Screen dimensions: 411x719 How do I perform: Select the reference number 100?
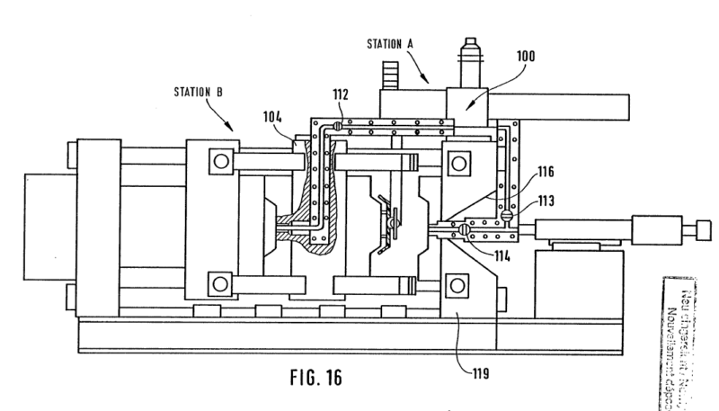(x=526, y=55)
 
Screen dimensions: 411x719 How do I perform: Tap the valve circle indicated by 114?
(x=464, y=230)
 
